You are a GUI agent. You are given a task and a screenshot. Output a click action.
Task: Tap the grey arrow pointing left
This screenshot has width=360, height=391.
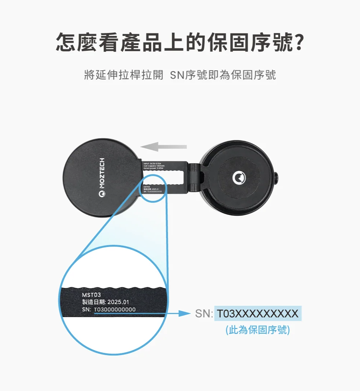coord(164,147)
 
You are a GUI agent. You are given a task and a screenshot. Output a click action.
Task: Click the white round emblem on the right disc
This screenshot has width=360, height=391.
coord(239,178)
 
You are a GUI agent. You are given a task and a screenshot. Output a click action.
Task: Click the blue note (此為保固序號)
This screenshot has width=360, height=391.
coord(258,330)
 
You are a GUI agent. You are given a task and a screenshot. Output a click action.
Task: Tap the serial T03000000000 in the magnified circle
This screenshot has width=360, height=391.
coord(114,309)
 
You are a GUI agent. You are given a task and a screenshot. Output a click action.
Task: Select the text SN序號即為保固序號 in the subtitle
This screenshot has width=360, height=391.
coord(223,75)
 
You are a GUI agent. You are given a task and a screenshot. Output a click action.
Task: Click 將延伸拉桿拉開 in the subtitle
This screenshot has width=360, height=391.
coord(123,75)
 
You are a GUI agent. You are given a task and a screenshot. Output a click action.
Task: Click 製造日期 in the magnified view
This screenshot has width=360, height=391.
coord(93,302)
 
